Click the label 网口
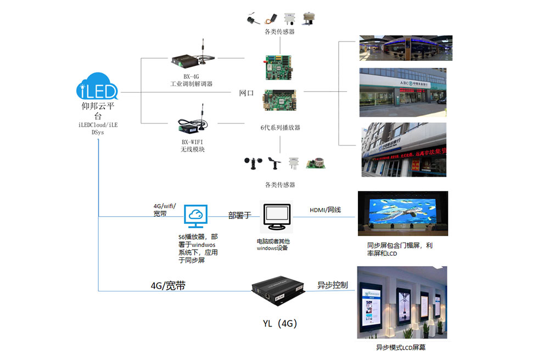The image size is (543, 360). (247, 93)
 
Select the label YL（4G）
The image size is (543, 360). (280, 324)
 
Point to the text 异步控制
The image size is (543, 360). (332, 285)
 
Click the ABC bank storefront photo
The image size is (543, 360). (403, 92)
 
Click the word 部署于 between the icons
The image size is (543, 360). (239, 215)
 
